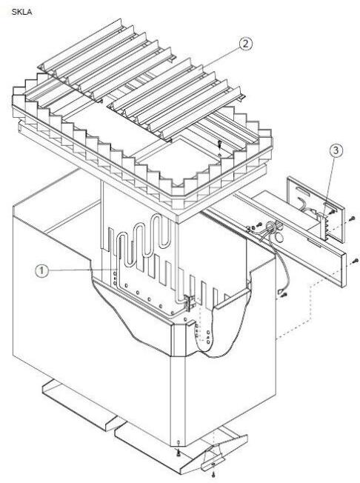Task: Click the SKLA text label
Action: pos(21,12)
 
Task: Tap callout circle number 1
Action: pos(42,271)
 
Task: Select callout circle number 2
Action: pos(245,44)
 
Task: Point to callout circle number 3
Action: pos(336,150)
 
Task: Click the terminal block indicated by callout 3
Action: pos(324,226)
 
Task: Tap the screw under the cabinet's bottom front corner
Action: pos(178,452)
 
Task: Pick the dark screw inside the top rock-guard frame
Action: pos(219,143)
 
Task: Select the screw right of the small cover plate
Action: pos(353,218)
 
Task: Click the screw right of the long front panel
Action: pos(355,261)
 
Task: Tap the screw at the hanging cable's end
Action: pos(284,295)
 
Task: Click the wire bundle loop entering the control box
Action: pos(271,229)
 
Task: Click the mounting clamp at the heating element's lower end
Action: pos(189,302)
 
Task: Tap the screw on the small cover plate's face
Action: pos(332,212)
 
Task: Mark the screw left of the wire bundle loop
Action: pos(259,224)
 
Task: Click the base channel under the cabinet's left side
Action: pos(81,405)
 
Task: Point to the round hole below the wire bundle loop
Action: pos(279,237)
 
